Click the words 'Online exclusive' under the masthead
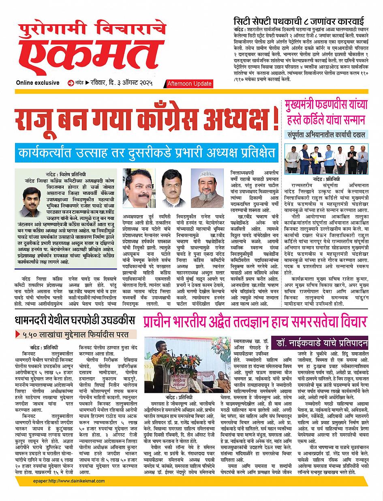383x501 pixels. pos(38,83)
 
